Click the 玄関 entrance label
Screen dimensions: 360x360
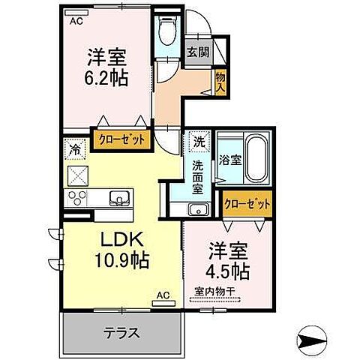(x=197, y=52)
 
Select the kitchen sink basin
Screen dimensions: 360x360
(x=120, y=199)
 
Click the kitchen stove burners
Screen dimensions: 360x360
(x=78, y=199)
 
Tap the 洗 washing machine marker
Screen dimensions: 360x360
(x=198, y=140)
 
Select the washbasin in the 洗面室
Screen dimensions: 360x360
(x=197, y=208)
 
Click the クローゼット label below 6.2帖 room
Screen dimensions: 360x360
(x=122, y=139)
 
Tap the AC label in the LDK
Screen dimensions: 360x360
(x=162, y=297)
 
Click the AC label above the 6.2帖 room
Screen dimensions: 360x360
(x=76, y=22)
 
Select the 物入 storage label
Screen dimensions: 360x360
(x=220, y=81)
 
